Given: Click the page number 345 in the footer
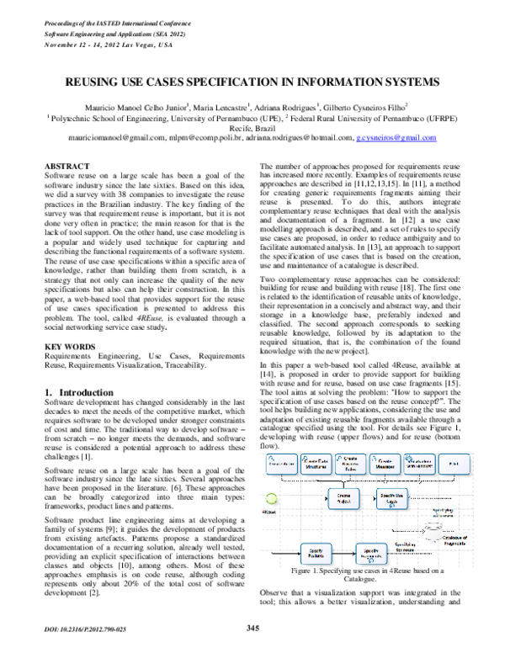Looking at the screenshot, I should click(x=252, y=627).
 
